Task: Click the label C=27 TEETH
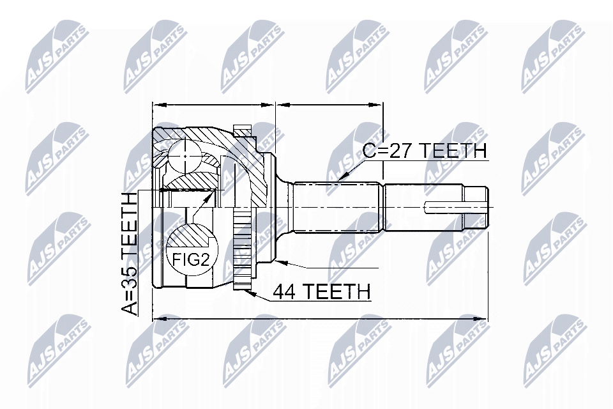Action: pyautogui.click(x=425, y=151)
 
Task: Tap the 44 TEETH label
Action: pyautogui.click(x=321, y=291)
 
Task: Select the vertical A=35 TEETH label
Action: pyautogui.click(x=130, y=254)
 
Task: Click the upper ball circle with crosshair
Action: pyautogui.click(x=184, y=155)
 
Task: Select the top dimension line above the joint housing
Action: pyautogui.click(x=213, y=104)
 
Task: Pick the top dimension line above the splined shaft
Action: pyautogui.click(x=329, y=104)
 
